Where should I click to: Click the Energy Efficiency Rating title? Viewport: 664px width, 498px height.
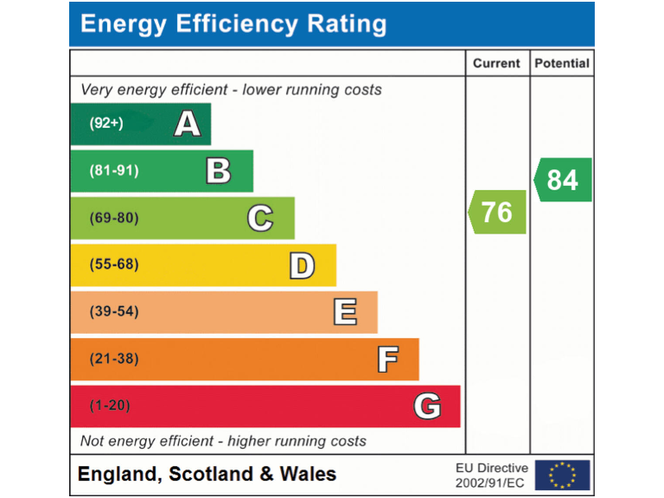pos(233,24)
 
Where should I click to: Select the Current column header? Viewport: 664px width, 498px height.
pos(497,63)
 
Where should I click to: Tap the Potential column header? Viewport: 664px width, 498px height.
pos(562,63)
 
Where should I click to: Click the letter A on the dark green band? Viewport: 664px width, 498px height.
pos(188,124)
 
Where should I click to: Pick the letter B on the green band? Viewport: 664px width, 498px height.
pos(219,171)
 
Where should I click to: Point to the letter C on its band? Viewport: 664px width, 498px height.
pos(260,218)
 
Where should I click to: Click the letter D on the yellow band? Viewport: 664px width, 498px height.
pos(302,265)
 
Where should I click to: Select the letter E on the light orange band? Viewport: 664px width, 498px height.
pos(344,311)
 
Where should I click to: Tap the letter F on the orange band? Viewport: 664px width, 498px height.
pos(387,359)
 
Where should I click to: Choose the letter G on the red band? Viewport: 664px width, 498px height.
pos(427,405)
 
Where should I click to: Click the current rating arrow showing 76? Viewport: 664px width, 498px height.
pos(497,212)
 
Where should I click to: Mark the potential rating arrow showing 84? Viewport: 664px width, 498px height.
pos(562,180)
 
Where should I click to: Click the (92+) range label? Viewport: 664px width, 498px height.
pos(106,124)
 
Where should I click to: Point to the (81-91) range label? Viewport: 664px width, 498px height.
pos(113,171)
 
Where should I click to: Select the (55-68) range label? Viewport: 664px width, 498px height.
pos(113,265)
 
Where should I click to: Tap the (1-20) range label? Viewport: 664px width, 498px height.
pos(110,405)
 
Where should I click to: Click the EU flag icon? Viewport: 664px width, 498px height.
pos(562,475)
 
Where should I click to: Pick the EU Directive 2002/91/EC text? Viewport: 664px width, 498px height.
pos(491,475)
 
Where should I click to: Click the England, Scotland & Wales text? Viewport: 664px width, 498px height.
pos(207,474)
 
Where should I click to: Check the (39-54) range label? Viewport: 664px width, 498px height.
pos(113,311)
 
